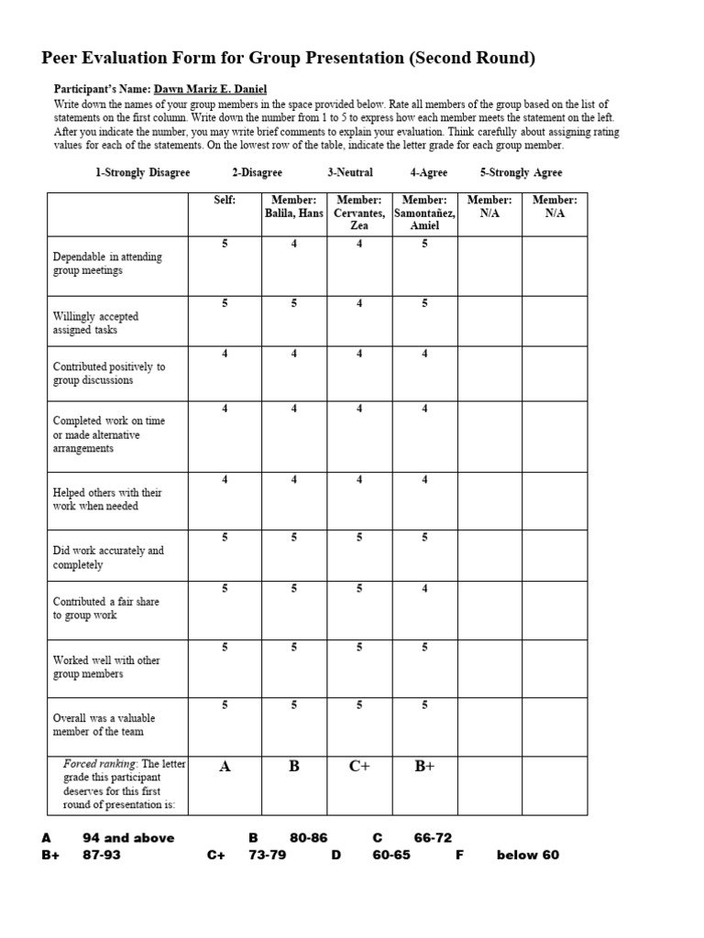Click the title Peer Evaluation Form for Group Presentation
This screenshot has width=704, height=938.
289,58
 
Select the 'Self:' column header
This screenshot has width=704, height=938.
225,200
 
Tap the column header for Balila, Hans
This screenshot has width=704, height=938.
294,206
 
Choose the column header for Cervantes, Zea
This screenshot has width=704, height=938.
359,213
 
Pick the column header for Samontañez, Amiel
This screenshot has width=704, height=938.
424,213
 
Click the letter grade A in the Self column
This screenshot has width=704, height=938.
225,767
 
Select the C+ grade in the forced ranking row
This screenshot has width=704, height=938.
359,767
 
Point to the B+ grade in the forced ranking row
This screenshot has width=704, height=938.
424,767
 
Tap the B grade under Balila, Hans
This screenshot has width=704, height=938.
294,767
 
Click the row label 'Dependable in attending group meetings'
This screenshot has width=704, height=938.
107,264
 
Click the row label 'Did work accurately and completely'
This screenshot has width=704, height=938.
108,558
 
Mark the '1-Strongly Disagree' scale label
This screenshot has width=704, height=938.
143,172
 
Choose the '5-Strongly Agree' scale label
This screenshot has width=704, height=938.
521,172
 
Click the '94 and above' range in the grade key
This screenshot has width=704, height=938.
128,838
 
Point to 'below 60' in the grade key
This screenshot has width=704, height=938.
527,856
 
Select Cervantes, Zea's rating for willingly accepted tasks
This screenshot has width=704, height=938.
359,303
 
